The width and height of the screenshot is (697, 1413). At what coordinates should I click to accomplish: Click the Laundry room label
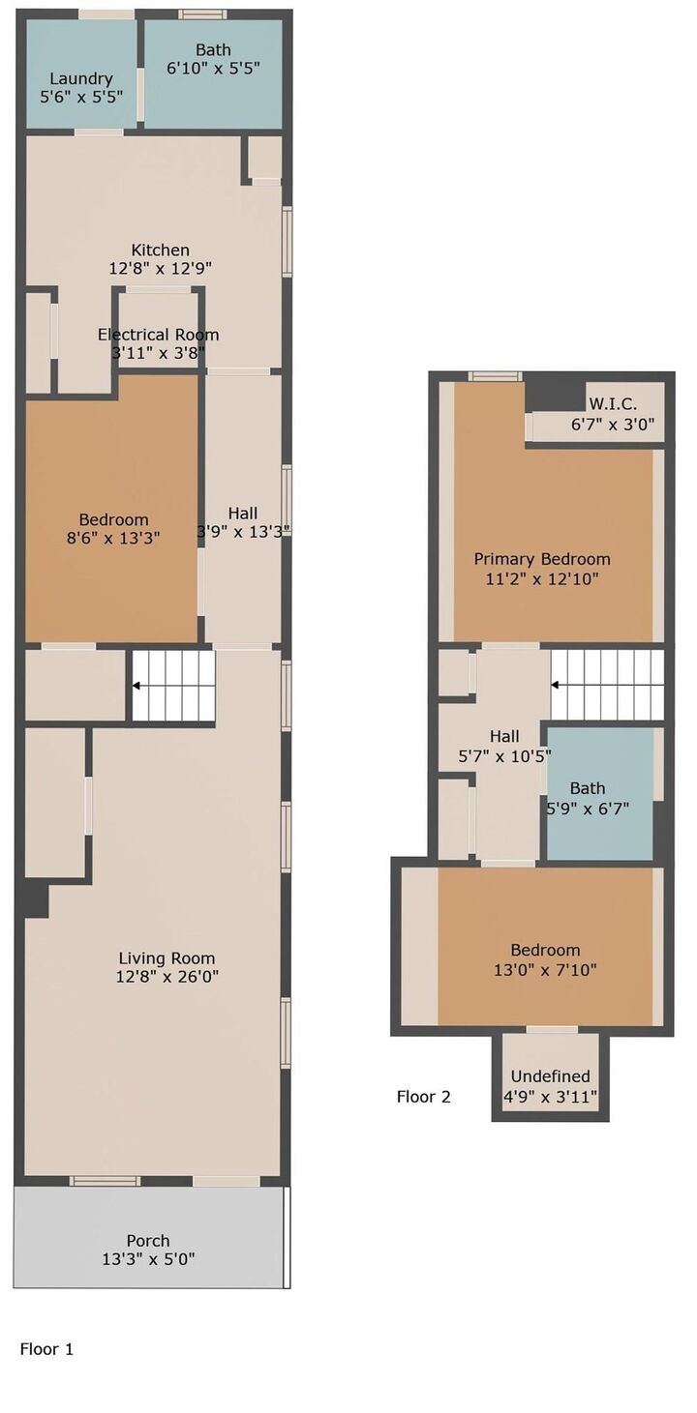coord(80,79)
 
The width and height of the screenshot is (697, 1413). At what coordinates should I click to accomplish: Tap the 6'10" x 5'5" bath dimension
coord(213,68)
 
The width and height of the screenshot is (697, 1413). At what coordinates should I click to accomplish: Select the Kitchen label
coord(160,250)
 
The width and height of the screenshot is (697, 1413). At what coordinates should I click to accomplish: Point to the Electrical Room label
coord(158,335)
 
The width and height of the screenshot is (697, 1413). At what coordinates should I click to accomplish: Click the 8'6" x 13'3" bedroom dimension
coord(113,538)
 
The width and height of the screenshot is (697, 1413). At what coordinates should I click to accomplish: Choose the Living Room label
coord(167,958)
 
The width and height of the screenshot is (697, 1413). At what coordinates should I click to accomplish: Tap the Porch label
coord(148,1241)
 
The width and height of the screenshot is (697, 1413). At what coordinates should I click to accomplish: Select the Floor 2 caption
coord(424,1097)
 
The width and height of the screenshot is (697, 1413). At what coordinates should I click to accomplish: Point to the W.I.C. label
coord(613,403)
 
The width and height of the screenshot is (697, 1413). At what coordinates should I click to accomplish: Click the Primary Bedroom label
coord(542,559)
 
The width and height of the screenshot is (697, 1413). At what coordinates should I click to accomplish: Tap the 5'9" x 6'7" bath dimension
coord(588,808)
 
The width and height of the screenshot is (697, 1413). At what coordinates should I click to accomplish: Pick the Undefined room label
coord(550,1076)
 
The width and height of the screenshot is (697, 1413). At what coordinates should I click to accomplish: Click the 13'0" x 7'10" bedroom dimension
coord(545,969)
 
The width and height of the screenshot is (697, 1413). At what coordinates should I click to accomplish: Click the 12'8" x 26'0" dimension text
coord(167,977)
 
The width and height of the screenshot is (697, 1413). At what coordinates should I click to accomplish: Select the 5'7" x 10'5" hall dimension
coord(504,755)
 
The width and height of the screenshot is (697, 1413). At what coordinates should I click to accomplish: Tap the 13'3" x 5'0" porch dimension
coord(148,1260)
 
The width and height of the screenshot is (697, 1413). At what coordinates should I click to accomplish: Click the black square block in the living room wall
coord(37,898)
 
